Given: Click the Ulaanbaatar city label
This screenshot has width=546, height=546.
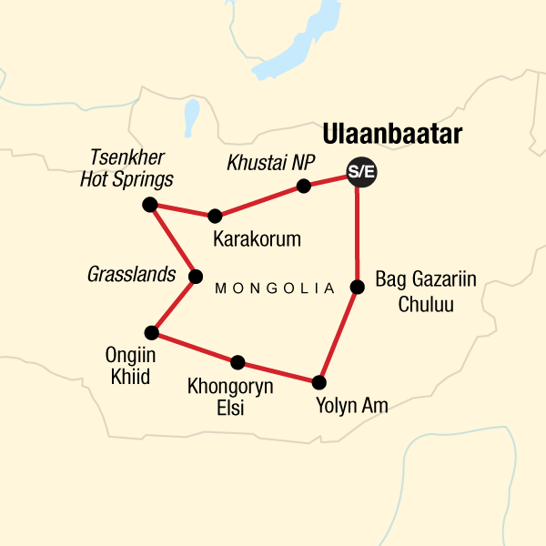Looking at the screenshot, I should tap(391, 135).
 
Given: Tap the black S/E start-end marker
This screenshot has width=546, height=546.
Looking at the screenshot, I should tap(361, 172).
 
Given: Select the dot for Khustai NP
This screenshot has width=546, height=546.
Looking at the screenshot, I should tap(304, 187).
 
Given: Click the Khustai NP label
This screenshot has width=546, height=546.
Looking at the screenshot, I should tap(270, 164).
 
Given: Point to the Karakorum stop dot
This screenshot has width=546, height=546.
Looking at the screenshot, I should tap(215, 216).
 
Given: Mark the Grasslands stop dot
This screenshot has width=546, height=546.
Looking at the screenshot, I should tap(194, 276).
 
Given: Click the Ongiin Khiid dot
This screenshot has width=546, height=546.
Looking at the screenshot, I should tap(151, 332).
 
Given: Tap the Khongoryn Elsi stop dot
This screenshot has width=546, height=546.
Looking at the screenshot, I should tap(238, 362).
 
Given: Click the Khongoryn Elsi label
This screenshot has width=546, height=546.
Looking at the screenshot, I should tap(230, 398).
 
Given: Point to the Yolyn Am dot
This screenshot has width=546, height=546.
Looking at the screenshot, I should tap(318, 382).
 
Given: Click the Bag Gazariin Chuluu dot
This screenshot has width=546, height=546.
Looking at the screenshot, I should tap(358, 288).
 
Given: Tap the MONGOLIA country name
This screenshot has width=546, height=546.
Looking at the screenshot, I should tap(275, 288).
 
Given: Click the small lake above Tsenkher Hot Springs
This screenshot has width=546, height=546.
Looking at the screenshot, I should tap(192, 116).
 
